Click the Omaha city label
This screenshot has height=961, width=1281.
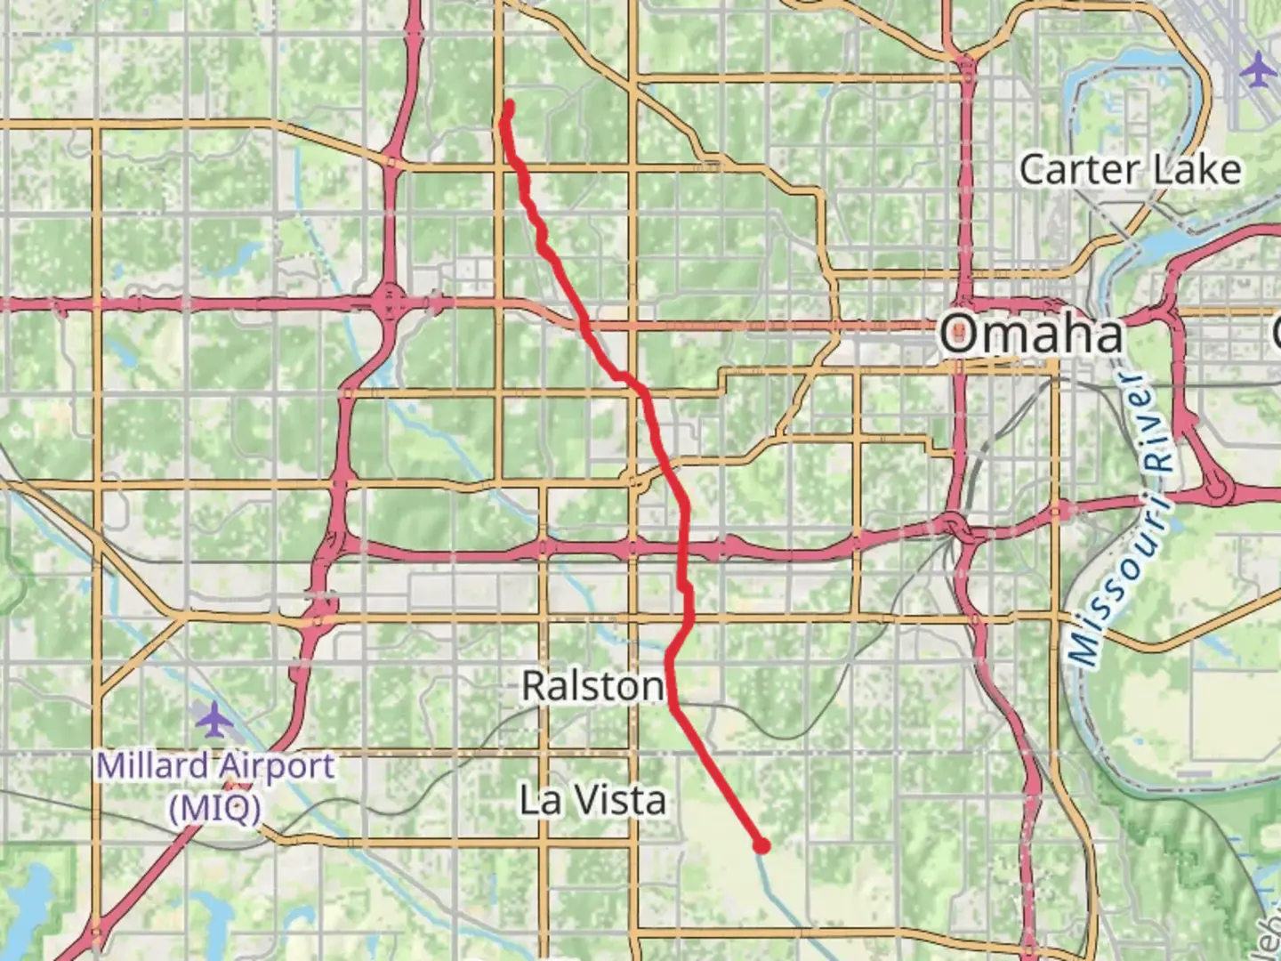click(x=1032, y=335)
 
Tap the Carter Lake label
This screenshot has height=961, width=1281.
click(x=1130, y=169)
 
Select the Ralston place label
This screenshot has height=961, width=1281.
click(x=592, y=686)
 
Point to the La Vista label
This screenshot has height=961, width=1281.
click(x=592, y=800)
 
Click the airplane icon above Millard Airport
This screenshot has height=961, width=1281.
click(x=214, y=719)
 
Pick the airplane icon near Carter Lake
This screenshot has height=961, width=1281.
click(x=1259, y=69)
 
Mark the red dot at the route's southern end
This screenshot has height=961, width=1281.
click(x=761, y=845)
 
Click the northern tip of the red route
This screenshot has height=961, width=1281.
click(x=510, y=105)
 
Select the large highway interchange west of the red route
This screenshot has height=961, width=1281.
click(x=390, y=303)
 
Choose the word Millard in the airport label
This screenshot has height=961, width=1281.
click(x=147, y=765)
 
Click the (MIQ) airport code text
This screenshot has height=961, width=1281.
click(x=216, y=809)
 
